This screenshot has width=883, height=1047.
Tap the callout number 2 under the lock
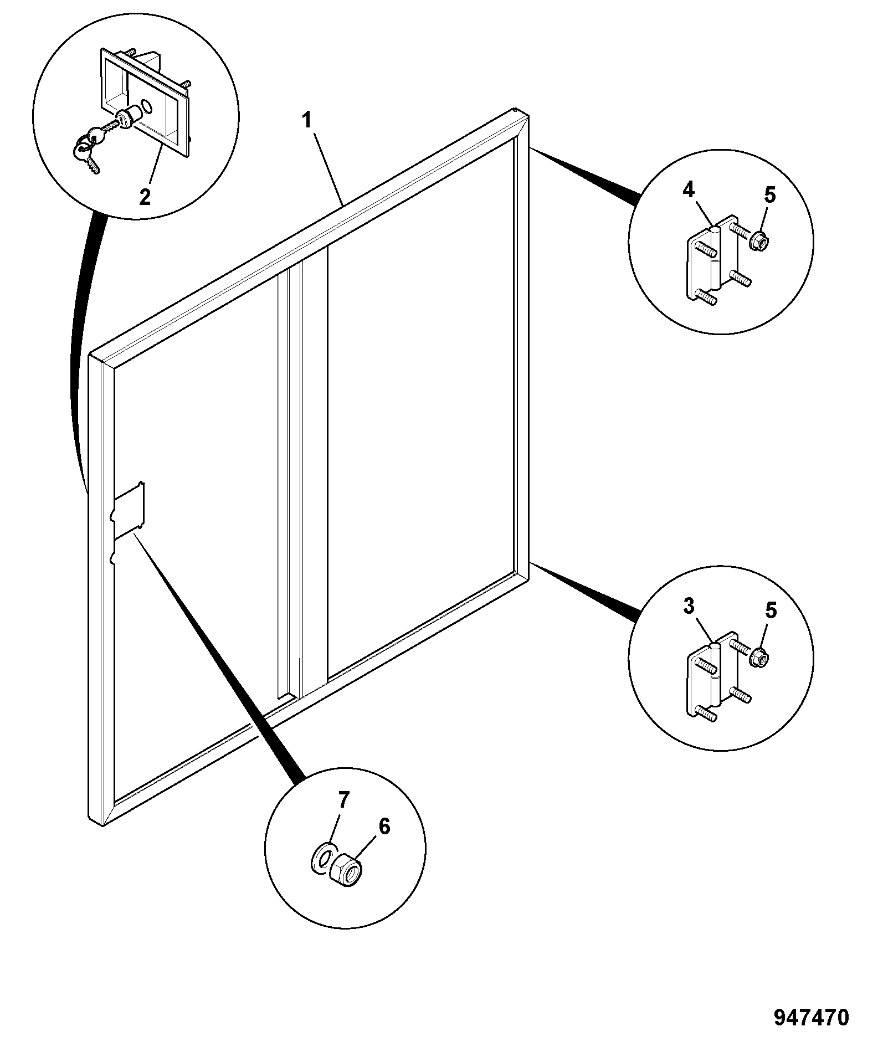[x=145, y=197]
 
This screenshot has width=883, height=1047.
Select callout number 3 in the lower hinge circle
[x=689, y=607]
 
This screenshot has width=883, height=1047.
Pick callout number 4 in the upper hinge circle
[x=688, y=190]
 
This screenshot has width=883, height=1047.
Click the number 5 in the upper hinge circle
[x=771, y=194]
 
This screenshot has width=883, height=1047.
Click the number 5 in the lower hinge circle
[x=771, y=611]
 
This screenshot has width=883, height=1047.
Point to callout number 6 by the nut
[x=384, y=842]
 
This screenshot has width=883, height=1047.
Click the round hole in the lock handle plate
[x=147, y=105]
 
